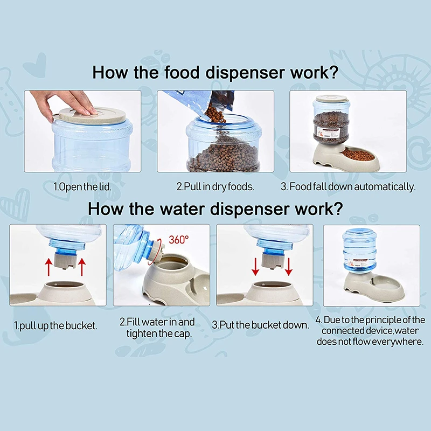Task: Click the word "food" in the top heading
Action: pos(182,73)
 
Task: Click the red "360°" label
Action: pos(179,240)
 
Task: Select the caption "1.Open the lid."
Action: pos(82,187)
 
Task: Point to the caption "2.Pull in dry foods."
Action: pos(215,186)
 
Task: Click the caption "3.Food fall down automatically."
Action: pos(348,186)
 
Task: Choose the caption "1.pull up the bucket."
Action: pos(56,326)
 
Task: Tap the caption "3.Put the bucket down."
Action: pos(261,325)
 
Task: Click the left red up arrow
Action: pos(48,267)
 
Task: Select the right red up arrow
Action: pos(82,267)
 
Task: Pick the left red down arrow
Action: pos(255,267)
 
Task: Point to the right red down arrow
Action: pos(288,267)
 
